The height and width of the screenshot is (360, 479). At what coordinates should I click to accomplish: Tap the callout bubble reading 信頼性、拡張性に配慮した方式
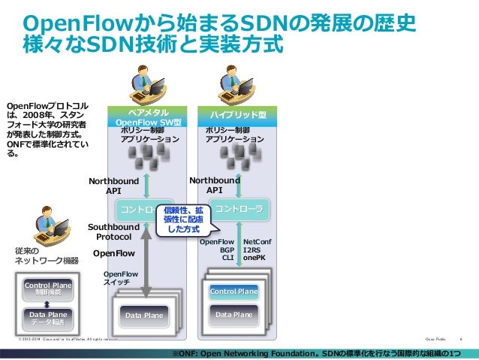coord(184,219)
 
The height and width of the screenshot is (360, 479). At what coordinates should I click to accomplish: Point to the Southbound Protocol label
coord(113,231)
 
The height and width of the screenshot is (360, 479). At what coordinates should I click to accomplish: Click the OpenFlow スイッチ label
coord(120,279)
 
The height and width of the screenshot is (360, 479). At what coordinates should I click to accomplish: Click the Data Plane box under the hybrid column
coord(233,315)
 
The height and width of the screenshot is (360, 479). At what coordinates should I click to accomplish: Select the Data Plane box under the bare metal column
coord(144,316)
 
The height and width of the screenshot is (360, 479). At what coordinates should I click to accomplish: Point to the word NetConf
coord(258,242)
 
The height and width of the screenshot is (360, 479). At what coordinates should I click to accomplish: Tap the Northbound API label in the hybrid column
coord(215,186)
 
